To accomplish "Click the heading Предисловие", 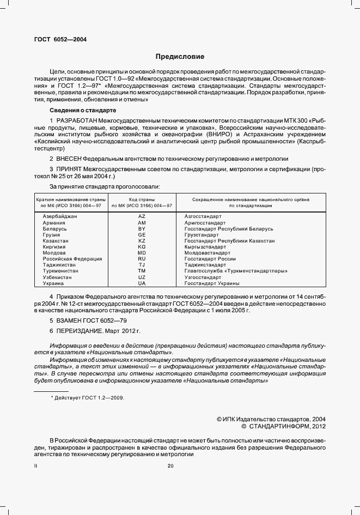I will (x=180, y=56).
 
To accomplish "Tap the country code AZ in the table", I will (x=142, y=216).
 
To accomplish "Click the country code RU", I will (x=142, y=259).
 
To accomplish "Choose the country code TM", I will (x=142, y=271).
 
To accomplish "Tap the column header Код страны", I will (x=142, y=199).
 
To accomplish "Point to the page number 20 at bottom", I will (x=170, y=465).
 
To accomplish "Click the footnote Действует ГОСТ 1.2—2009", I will (x=89, y=398).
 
